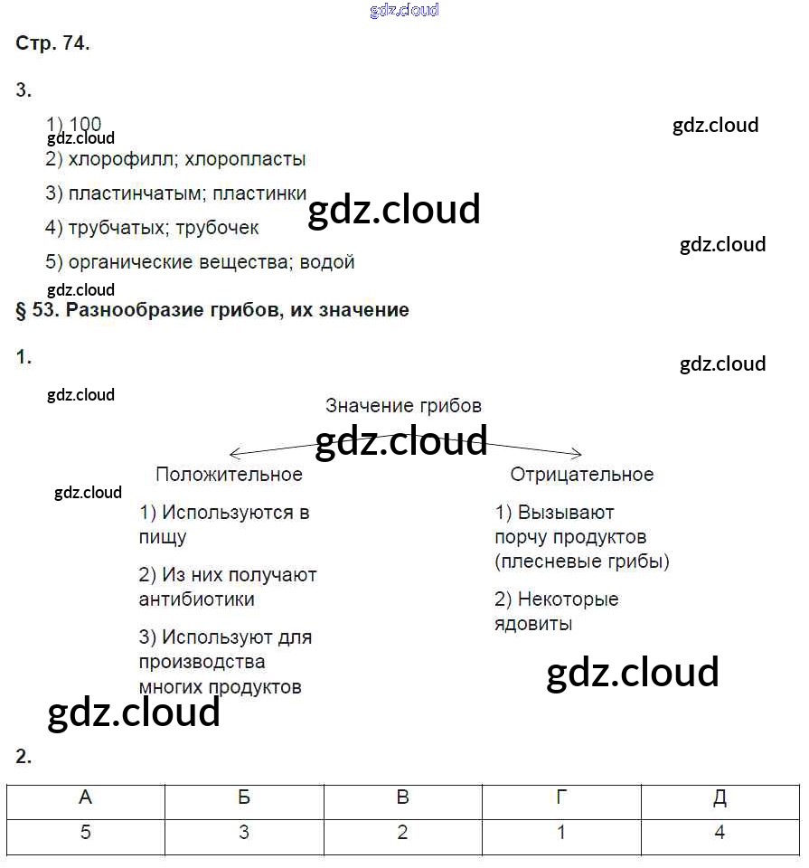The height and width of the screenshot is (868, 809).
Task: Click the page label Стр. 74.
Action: point(52,44)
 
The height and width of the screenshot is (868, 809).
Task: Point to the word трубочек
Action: point(217,228)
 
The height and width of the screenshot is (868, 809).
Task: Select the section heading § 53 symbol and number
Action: point(38,310)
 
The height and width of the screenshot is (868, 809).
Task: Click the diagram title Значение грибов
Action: point(403,406)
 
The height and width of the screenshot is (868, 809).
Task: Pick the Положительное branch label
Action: point(229,475)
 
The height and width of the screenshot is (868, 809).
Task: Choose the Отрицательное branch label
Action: point(582,475)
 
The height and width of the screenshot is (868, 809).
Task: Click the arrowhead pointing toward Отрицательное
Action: point(577,454)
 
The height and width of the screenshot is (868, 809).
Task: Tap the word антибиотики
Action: point(197,599)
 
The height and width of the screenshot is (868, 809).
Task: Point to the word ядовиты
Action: point(533,624)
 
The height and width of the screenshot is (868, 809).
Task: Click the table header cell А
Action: point(86,798)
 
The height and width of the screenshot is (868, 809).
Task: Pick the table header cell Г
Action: point(561,798)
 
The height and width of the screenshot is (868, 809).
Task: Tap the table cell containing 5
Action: point(86,833)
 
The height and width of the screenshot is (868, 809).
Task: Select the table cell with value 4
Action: point(720,833)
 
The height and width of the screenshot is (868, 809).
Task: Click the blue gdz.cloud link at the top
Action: point(404,10)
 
